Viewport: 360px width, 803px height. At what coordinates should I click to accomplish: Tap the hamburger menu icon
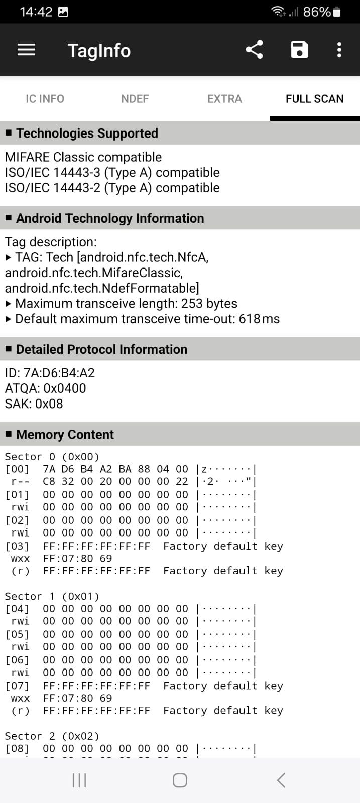pos(26,50)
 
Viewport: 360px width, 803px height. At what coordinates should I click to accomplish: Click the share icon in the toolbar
pos(254,50)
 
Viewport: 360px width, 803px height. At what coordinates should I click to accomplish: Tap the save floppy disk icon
pos(299,50)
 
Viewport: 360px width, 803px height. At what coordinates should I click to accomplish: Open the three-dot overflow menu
pos(339,50)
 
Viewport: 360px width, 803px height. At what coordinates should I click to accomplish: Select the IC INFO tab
pos(45,98)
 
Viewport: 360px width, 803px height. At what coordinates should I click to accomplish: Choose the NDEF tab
pos(135,98)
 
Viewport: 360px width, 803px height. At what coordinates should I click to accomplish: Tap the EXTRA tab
pos(224,98)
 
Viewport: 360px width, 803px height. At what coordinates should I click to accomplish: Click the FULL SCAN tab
pos(314,98)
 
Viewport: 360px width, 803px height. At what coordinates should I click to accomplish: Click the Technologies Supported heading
pos(87,133)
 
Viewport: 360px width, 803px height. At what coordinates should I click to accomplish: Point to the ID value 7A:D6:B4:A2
pos(59,373)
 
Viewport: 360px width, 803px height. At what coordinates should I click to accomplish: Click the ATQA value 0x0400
pos(65,388)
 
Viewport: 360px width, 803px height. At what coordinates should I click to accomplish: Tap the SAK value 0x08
pos(49,404)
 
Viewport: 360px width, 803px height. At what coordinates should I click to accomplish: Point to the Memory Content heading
pos(65,434)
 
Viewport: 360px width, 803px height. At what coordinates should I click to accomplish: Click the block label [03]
pos(17,546)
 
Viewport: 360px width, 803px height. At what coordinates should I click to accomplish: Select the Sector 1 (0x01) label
pos(52,596)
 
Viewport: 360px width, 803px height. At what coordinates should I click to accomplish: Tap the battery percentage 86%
pos(317,12)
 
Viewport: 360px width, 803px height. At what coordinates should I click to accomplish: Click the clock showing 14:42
pos(36,12)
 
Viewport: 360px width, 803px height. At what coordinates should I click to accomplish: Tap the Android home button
pos(180,780)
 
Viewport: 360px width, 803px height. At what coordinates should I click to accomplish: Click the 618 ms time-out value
pos(259,319)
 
